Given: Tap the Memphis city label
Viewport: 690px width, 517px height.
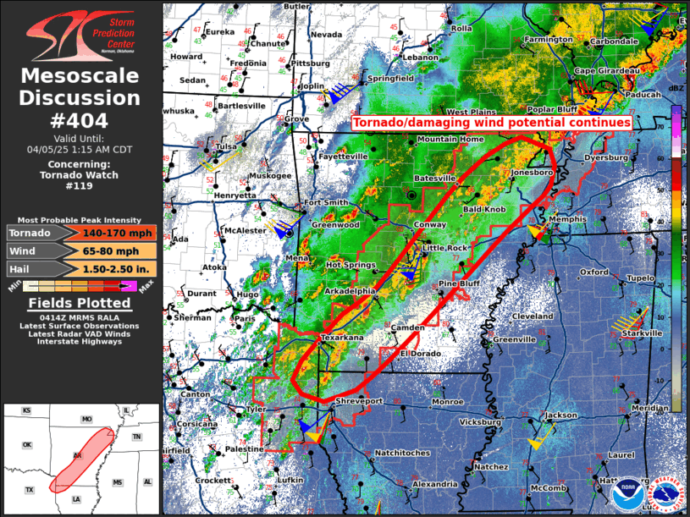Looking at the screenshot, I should pyautogui.click(x=568, y=219).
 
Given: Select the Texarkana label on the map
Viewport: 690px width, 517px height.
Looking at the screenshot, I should pyautogui.click(x=342, y=338).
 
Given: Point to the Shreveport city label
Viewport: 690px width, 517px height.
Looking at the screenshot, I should pyautogui.click(x=360, y=400).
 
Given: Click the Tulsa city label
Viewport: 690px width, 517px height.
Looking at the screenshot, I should pyautogui.click(x=226, y=146).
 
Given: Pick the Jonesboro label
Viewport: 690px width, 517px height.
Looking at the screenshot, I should pyautogui.click(x=532, y=172).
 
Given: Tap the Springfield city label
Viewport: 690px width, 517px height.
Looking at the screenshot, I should pyautogui.click(x=390, y=78).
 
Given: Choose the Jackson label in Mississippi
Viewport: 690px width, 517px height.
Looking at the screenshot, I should pyautogui.click(x=561, y=415).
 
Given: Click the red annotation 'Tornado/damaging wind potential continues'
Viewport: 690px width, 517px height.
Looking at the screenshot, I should pyautogui.click(x=492, y=123).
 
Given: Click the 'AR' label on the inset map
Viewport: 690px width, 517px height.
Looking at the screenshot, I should pyautogui.click(x=78, y=456).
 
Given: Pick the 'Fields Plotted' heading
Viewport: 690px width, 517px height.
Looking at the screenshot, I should pyautogui.click(x=80, y=302).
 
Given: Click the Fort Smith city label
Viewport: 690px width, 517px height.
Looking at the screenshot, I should pyautogui.click(x=326, y=202).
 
